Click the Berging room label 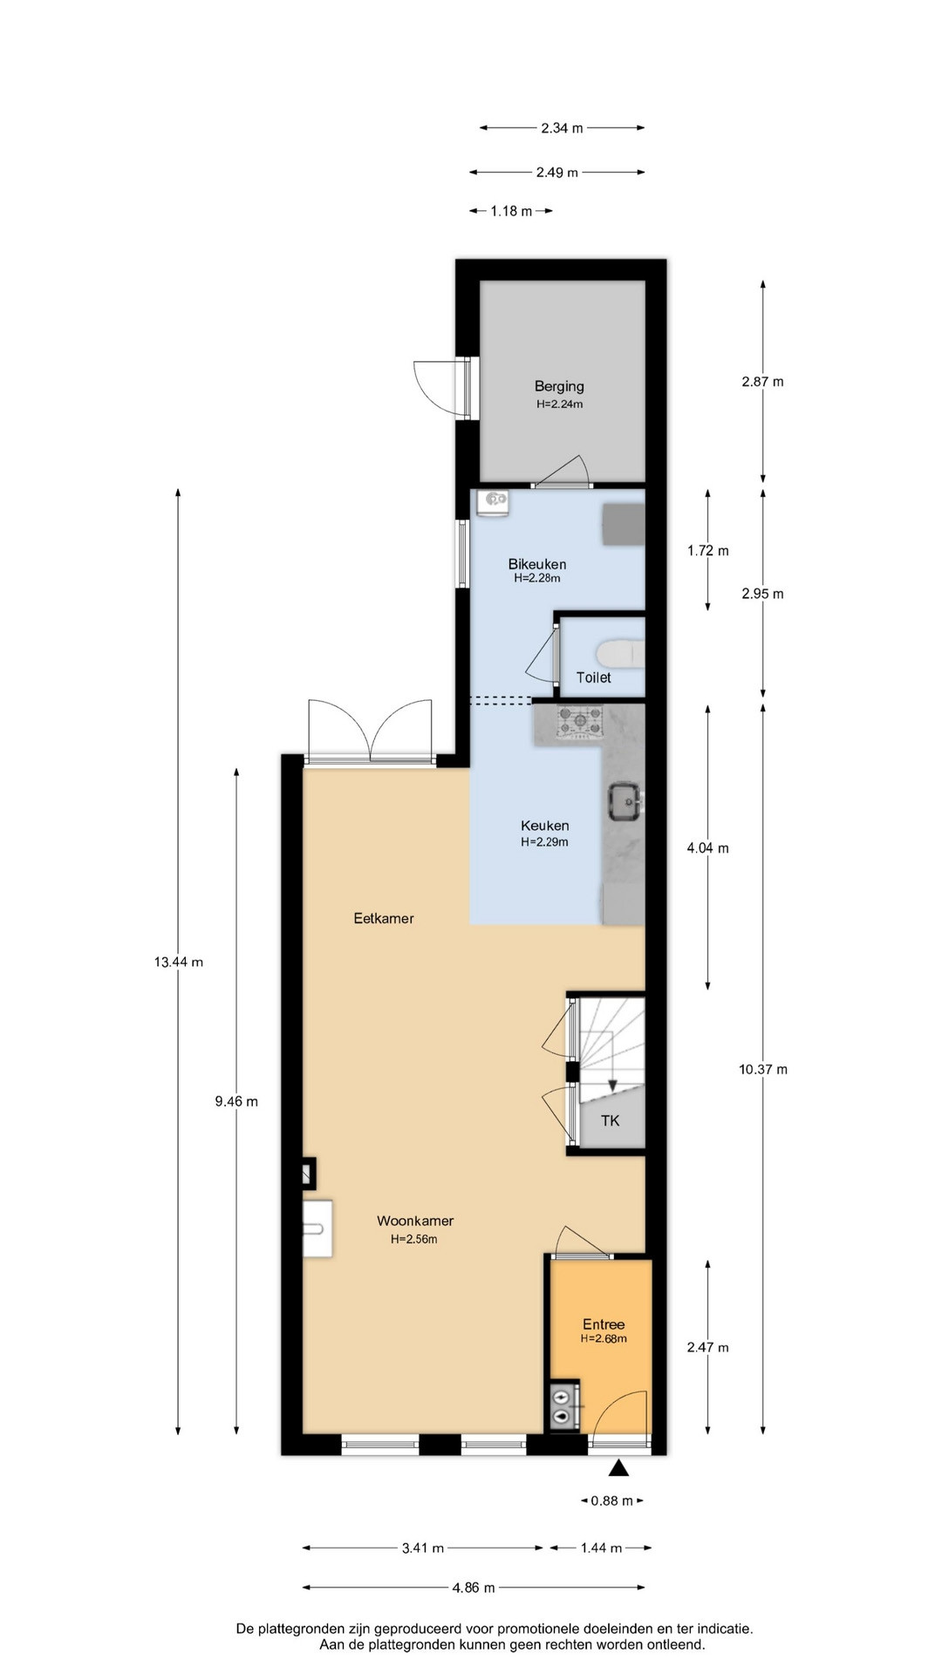tap(559, 386)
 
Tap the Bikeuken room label tap(537, 564)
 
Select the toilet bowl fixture tap(620, 652)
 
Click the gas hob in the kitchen tap(580, 721)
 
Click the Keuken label tap(545, 826)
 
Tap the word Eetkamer tap(384, 918)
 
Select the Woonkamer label tap(415, 1221)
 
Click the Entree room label tap(604, 1324)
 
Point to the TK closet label tap(610, 1120)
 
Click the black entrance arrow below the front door tap(618, 1468)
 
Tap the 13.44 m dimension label tap(179, 963)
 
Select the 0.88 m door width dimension tap(612, 1500)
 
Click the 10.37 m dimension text tap(763, 1069)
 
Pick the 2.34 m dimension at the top tap(562, 128)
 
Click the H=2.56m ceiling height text tap(414, 1239)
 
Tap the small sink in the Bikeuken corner tap(494, 503)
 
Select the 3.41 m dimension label tap(423, 1548)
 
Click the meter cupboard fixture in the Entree tap(564, 1406)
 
